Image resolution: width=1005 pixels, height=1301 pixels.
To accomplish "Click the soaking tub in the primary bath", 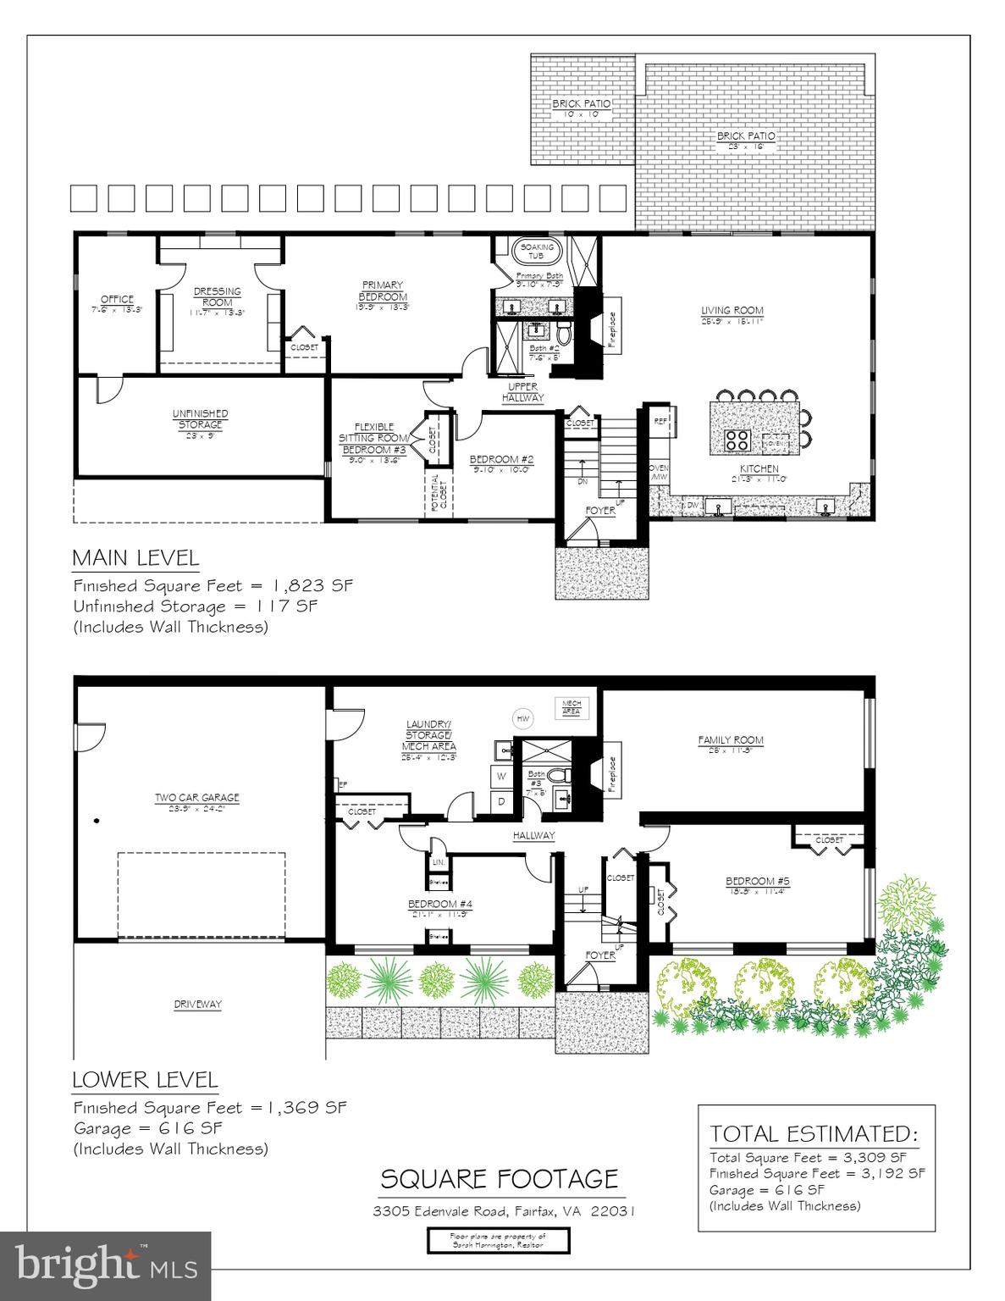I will point(535,252).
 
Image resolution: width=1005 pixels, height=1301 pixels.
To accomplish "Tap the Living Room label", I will point(732,311).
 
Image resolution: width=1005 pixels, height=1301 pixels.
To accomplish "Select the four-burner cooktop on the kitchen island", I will point(737,440).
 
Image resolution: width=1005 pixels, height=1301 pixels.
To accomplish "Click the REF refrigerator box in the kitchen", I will point(661,420).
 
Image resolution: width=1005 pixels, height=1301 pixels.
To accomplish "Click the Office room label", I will point(117,299).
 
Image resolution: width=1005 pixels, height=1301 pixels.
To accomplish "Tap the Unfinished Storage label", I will point(200,418).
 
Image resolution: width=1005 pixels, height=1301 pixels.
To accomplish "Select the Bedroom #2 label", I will point(500,460).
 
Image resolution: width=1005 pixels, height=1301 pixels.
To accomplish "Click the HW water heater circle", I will point(522,718).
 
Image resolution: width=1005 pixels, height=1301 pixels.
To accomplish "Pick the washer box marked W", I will point(501,775).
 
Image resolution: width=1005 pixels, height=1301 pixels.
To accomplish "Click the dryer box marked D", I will point(500,801).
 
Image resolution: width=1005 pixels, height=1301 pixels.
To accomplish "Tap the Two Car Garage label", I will point(196,797).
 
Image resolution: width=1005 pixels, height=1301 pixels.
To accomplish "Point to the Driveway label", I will point(197,1005).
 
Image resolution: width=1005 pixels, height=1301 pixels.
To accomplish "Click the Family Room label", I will point(731,739).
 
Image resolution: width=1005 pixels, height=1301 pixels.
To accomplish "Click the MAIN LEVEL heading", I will point(135,558).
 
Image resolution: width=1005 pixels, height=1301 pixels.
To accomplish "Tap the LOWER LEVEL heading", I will point(145,1080).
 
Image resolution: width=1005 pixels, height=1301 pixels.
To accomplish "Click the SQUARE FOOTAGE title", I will point(499,1179).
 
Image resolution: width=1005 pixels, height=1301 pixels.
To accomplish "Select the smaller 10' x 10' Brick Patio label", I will point(581,104).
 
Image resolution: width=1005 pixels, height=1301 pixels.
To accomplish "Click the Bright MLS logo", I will point(105,1265).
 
